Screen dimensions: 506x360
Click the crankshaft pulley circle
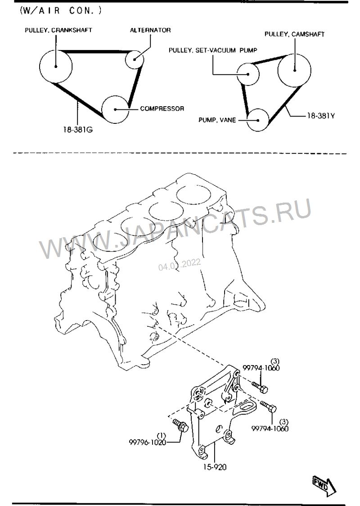click(55, 66)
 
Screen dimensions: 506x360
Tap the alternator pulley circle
click(135, 59)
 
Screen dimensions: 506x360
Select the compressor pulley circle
click(116, 109)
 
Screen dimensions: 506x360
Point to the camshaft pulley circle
click(294, 70)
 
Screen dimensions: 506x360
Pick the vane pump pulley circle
click(258, 120)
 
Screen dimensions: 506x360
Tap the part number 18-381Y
click(321, 116)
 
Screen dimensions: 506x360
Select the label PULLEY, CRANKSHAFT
click(58, 30)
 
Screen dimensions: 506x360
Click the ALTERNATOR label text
click(150, 30)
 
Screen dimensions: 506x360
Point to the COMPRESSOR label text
click(162, 109)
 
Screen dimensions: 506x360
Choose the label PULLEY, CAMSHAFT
click(294, 34)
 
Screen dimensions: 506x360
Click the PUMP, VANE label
click(217, 120)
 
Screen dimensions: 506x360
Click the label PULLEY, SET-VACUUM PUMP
click(212, 50)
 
